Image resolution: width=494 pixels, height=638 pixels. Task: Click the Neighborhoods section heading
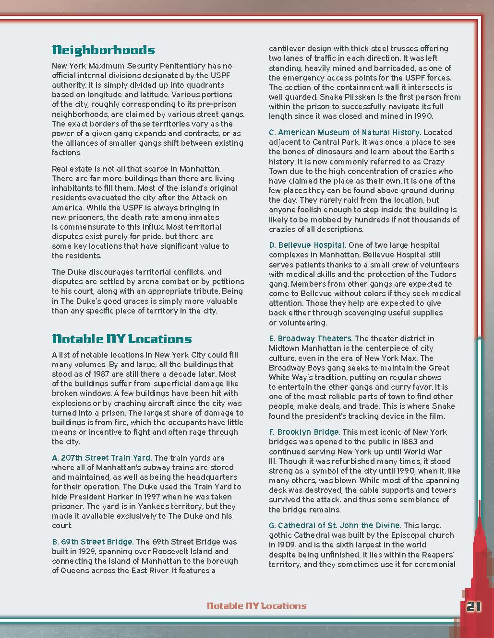(x=103, y=50)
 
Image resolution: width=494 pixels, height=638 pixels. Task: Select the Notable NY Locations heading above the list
(x=121, y=339)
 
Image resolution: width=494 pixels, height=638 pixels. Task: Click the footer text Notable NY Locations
(x=256, y=605)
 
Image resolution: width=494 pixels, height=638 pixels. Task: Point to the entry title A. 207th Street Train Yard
(x=102, y=458)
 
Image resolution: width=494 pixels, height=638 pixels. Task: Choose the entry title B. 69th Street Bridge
(x=93, y=542)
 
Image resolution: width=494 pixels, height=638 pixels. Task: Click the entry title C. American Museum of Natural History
(x=345, y=132)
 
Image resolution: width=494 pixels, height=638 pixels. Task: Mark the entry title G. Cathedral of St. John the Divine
(x=335, y=525)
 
